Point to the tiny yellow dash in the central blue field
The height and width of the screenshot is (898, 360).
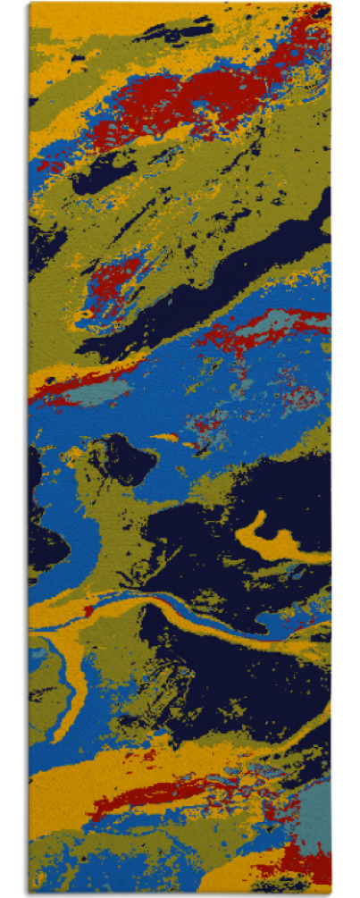166,437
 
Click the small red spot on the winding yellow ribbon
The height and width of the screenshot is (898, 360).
89,611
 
